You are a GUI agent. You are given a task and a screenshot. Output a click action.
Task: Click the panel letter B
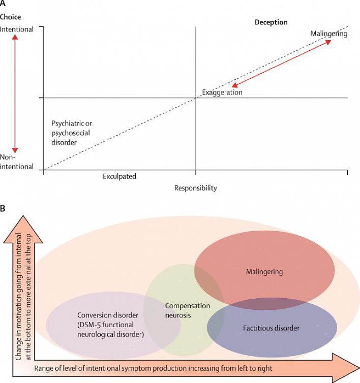pos(3,208)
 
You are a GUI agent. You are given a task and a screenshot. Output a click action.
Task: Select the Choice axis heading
pos(11,17)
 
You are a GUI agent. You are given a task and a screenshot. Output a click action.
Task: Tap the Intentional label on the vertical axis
pos(17,29)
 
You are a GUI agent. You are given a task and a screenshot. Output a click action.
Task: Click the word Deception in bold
pos(271,22)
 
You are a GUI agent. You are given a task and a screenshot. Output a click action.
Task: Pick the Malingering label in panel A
pos(328,34)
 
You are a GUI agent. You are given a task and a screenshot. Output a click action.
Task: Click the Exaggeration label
pos(222,92)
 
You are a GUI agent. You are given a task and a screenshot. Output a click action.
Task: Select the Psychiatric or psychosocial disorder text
pos(72,133)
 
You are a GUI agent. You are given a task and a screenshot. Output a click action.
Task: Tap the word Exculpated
pos(119,176)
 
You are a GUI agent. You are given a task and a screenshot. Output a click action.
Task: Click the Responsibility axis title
pos(195,188)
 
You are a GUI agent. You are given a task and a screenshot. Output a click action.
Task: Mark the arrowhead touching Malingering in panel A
pos(329,42)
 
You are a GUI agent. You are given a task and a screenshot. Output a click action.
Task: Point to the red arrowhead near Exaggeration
pos(234,85)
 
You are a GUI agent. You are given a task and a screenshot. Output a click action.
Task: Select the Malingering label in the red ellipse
pos(264,272)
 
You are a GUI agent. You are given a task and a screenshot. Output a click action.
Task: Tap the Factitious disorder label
pos(271,328)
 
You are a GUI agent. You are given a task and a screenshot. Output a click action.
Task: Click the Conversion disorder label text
pos(111,324)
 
